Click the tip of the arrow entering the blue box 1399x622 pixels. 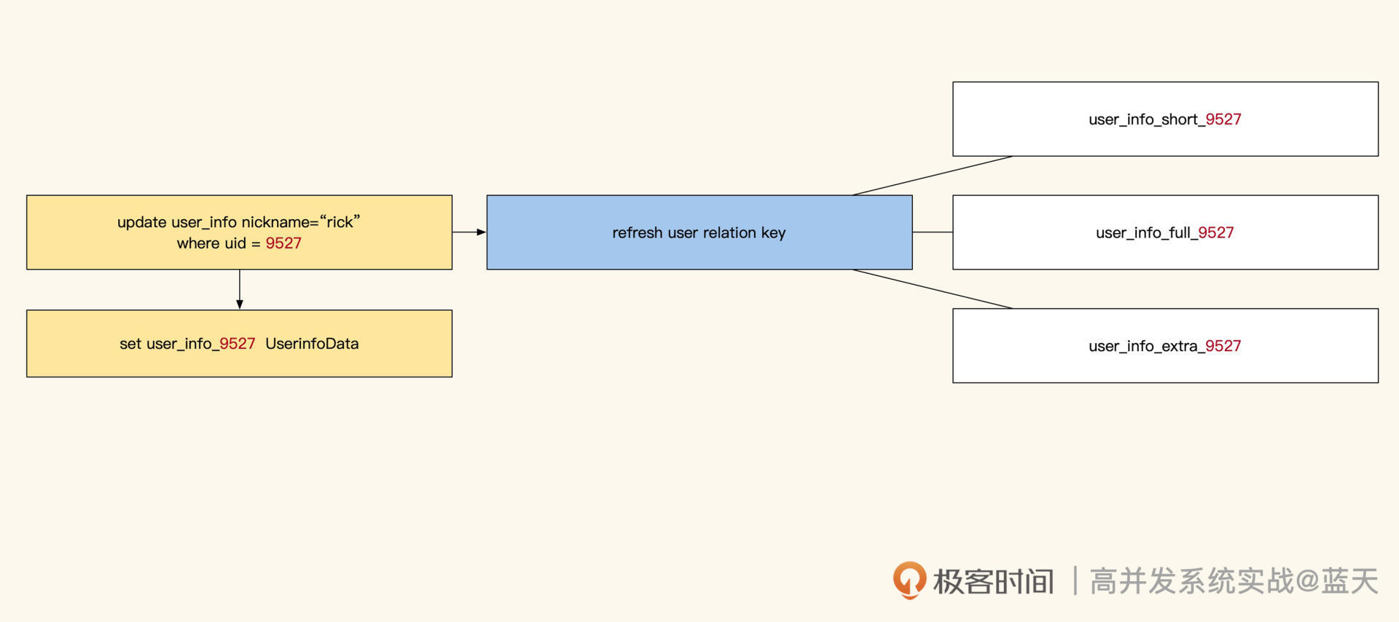(x=486, y=232)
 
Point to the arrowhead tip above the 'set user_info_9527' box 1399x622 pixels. (x=240, y=310)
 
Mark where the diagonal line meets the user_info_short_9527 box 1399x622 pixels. (x=1013, y=156)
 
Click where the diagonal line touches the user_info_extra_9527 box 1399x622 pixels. (x=1013, y=309)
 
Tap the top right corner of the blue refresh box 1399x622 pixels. (x=912, y=195)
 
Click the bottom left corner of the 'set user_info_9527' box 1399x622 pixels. (x=27, y=377)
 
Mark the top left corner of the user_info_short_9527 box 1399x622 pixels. (x=953, y=82)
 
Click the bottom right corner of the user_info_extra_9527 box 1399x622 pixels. (x=1378, y=382)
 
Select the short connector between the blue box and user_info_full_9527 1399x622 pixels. (x=933, y=232)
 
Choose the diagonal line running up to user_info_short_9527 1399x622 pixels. (x=933, y=176)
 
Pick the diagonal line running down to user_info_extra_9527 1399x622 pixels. (x=933, y=289)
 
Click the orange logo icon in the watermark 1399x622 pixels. (x=909, y=580)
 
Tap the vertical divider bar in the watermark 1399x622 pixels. (x=1075, y=581)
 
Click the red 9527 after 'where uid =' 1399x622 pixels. (x=283, y=243)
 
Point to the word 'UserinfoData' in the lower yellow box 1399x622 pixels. (x=312, y=344)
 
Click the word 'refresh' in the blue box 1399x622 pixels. (x=638, y=233)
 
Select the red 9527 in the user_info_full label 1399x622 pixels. (x=1216, y=233)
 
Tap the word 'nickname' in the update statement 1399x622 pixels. (x=276, y=222)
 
